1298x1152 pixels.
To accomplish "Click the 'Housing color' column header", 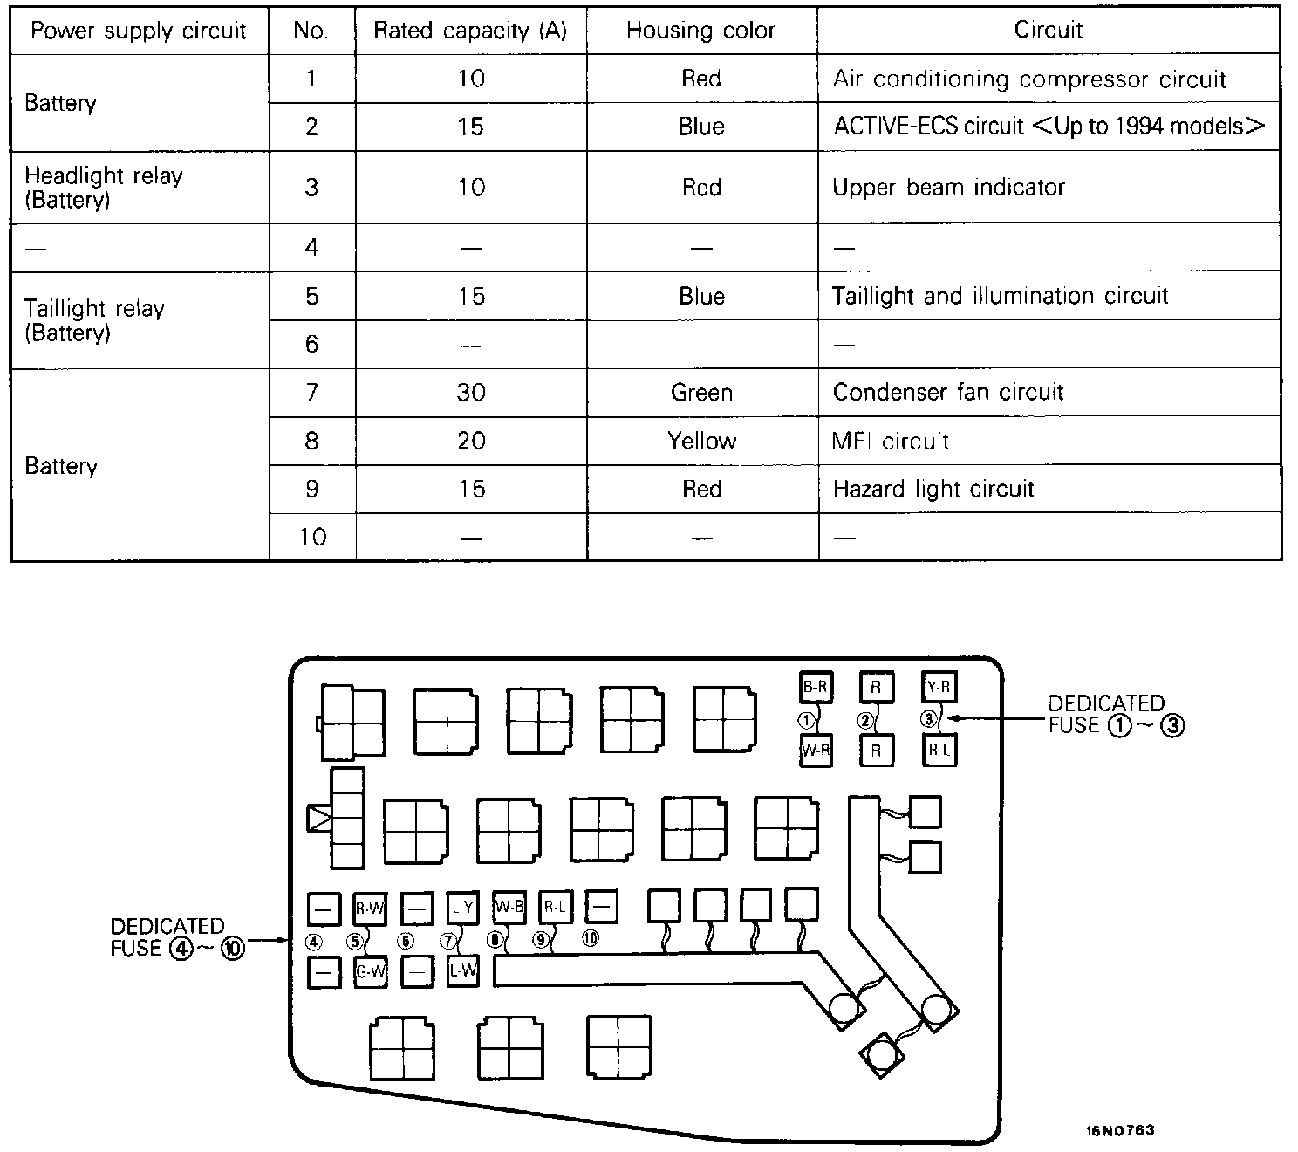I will click(x=700, y=31).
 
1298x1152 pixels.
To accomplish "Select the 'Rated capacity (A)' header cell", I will click(x=470, y=31).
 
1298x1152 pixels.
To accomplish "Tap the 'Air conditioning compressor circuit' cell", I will click(x=1028, y=79).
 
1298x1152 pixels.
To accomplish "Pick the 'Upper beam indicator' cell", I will click(x=948, y=187).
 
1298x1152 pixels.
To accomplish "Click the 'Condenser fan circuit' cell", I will click(x=947, y=392).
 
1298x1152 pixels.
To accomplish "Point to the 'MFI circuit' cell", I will click(x=890, y=441).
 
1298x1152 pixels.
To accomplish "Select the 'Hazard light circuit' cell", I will click(x=933, y=489).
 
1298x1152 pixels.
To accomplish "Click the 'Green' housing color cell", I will click(x=701, y=392).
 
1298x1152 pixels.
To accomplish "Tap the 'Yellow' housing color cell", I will click(x=701, y=441).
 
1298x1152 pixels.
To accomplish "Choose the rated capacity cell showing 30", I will click(x=470, y=392).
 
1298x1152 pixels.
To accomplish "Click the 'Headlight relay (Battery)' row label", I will click(x=103, y=187).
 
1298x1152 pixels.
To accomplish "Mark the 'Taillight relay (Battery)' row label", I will click(x=93, y=320).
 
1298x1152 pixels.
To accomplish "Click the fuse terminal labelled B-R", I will click(x=815, y=687).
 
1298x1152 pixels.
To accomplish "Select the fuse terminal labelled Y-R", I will click(x=938, y=687).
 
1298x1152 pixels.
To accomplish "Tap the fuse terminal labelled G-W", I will click(x=370, y=971).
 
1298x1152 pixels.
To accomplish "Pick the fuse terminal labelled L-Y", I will click(x=462, y=908).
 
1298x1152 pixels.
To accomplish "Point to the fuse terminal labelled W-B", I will click(x=509, y=907).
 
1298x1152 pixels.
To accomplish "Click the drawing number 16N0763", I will click(x=1120, y=1130).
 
